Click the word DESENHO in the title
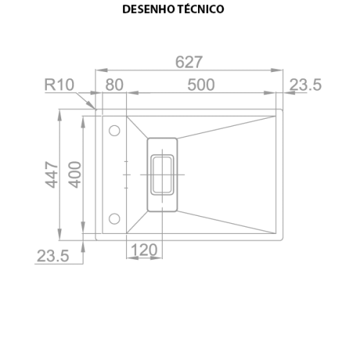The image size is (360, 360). pyautogui.click(x=148, y=9)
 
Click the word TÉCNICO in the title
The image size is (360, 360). pyautogui.click(x=201, y=9)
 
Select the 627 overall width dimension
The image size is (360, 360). pyautogui.click(x=189, y=62)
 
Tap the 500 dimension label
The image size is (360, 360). pyautogui.click(x=201, y=85)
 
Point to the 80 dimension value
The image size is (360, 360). pyautogui.click(x=114, y=85)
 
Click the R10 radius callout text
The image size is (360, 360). pyautogui.click(x=59, y=85)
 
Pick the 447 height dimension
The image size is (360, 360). pyautogui.click(x=52, y=174)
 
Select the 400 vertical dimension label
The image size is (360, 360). pyautogui.click(x=75, y=174)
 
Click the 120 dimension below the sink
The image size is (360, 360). pyautogui.click(x=144, y=250)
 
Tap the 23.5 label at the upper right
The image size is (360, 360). pyautogui.click(x=305, y=85)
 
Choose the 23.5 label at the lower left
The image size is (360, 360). pyautogui.click(x=53, y=256)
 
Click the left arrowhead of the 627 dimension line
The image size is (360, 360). pyautogui.click(x=102, y=70)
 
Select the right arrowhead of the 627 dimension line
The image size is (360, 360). pyautogui.click(x=277, y=70)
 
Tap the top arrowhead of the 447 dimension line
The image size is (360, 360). pyautogui.click(x=60, y=115)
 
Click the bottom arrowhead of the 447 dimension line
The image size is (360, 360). pyautogui.click(x=60, y=234)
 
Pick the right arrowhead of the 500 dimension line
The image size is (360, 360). pyautogui.click(x=269, y=93)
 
